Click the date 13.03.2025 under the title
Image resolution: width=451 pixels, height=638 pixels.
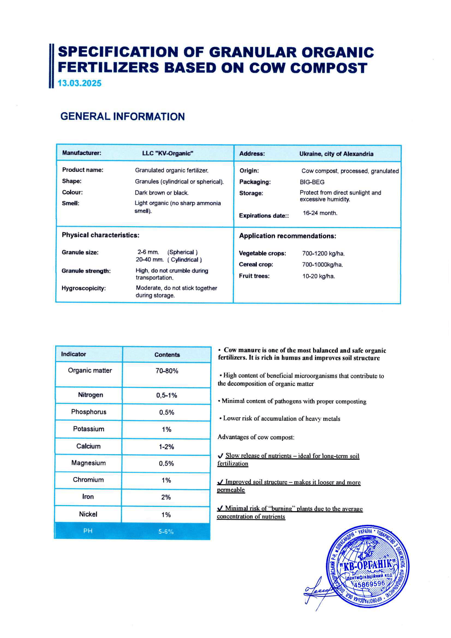pyautogui.click(x=79, y=83)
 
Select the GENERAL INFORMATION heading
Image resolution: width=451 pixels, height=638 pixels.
pyautogui.click(x=123, y=116)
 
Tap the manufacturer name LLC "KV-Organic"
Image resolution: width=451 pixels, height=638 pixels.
pyautogui.click(x=168, y=153)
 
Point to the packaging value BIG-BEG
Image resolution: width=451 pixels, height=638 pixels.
pyautogui.click(x=312, y=182)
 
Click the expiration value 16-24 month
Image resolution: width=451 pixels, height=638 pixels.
pyautogui.click(x=320, y=213)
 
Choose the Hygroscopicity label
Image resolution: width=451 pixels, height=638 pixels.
pyautogui.click(x=83, y=288)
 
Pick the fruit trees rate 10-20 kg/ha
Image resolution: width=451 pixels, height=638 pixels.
pyautogui.click(x=318, y=276)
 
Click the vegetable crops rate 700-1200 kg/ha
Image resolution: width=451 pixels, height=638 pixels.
pyautogui.click(x=323, y=253)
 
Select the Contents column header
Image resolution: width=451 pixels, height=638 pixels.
pyautogui.click(x=167, y=355)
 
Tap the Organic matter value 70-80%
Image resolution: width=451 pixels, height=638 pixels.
pyautogui.click(x=167, y=371)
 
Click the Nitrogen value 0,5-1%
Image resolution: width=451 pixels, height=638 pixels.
pyautogui.click(x=166, y=395)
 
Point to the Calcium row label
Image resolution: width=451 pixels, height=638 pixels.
pyautogui.click(x=88, y=446)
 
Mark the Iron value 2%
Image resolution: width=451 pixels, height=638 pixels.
pyautogui.click(x=166, y=497)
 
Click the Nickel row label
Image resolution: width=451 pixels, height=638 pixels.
pyautogui.click(x=88, y=514)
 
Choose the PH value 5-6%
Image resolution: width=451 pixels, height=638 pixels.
pyautogui.click(x=166, y=532)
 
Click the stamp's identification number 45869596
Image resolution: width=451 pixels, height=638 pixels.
pyautogui.click(x=369, y=584)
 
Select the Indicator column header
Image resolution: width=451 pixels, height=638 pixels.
pyautogui.click(x=73, y=354)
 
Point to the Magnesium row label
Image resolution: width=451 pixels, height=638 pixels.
pyautogui.click(x=88, y=463)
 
